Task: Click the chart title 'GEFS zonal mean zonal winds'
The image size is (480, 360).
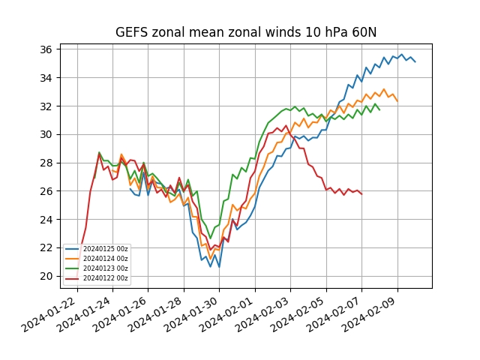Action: coord(245,32)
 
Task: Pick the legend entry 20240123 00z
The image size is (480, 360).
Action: coord(105,268)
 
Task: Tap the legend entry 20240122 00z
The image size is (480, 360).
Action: coord(105,278)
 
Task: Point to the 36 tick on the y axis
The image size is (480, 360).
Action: coord(46,49)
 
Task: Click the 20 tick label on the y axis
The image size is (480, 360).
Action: coord(46,276)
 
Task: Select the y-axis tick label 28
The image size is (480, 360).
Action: coord(46,163)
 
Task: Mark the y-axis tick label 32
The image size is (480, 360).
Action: coord(46,106)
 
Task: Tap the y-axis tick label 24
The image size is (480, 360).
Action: coord(46,220)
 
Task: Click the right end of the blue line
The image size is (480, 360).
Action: coord(415,61)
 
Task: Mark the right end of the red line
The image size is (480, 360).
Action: coord(362,194)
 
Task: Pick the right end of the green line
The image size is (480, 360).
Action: coord(379,110)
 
